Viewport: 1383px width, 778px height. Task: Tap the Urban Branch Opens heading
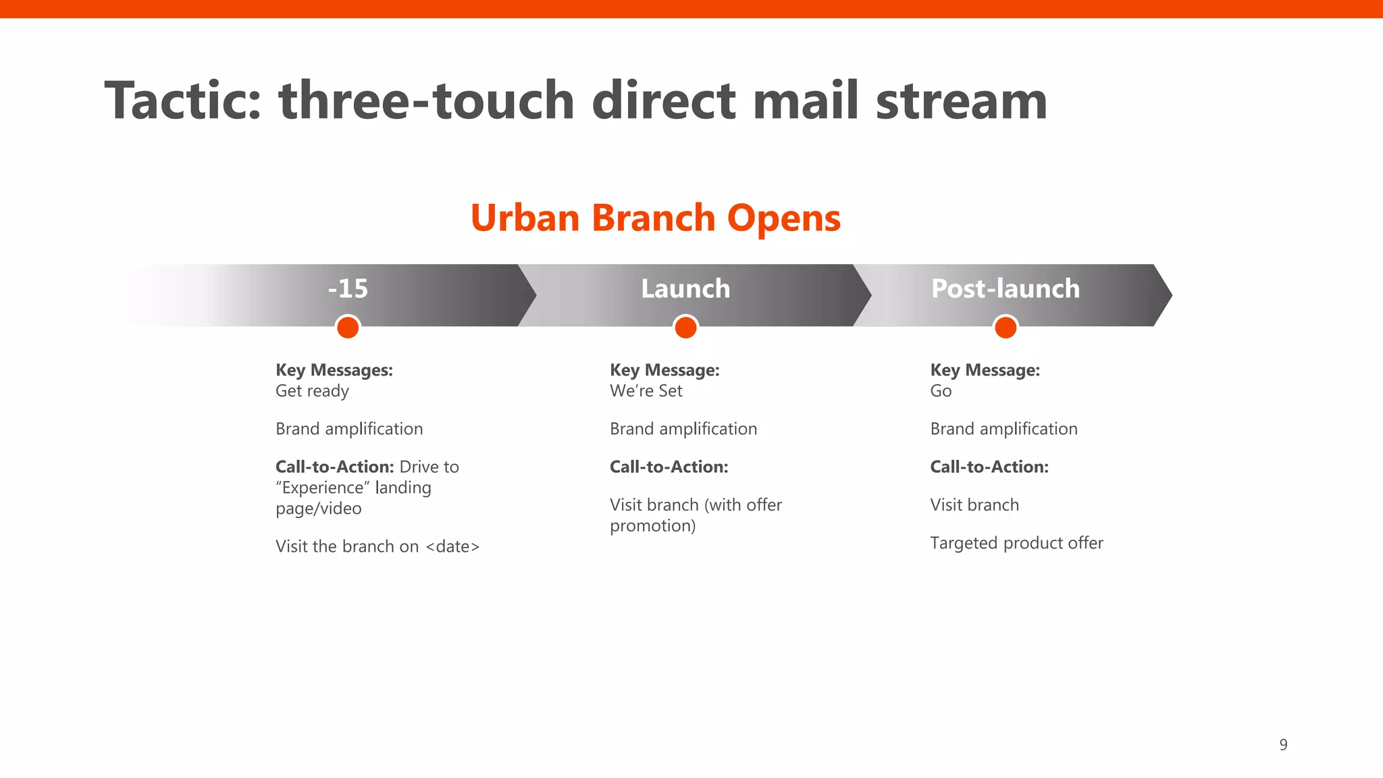coord(655,218)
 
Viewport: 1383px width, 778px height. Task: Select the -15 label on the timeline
coord(348,289)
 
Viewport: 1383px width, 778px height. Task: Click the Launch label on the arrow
coord(685,289)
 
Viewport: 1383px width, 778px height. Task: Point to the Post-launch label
coord(1005,289)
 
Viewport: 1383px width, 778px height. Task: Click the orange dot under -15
coord(348,328)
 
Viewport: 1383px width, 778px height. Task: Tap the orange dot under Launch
coord(685,328)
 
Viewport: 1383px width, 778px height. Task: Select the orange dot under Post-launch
coord(1006,328)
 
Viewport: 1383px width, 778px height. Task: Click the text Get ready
coord(312,391)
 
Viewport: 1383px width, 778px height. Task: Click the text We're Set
coord(646,391)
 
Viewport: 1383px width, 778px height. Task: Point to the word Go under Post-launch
coord(941,391)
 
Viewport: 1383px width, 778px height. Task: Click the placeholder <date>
coord(452,546)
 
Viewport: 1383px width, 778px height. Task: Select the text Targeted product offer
coord(1016,543)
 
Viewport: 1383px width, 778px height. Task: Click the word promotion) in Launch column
coord(652,525)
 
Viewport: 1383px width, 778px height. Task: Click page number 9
coord(1283,745)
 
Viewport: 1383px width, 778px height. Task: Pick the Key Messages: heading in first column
coord(334,370)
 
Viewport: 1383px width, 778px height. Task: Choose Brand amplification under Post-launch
coord(1003,429)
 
